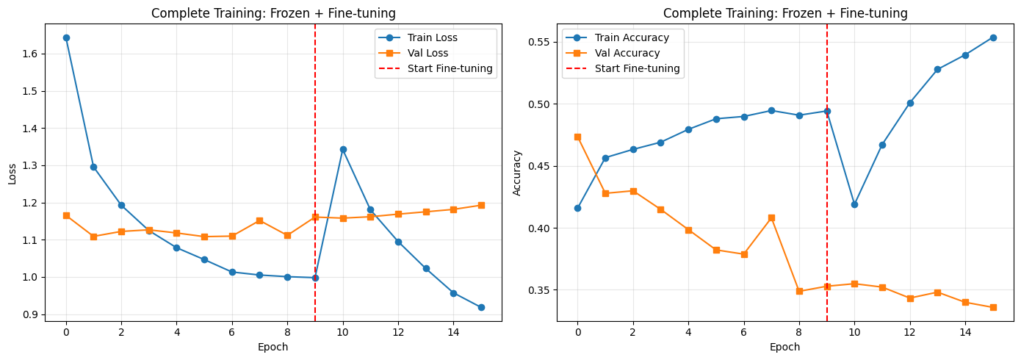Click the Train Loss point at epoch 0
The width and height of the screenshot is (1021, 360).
click(x=66, y=37)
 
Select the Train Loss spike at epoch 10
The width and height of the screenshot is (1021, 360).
click(x=343, y=149)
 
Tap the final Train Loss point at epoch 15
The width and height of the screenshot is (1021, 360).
click(x=481, y=308)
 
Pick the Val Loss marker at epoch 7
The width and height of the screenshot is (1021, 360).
click(x=260, y=220)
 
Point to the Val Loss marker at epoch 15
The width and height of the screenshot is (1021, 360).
click(x=481, y=205)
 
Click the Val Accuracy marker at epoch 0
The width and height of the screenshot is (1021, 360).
click(x=577, y=137)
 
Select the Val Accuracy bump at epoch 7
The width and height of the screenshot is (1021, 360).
click(x=771, y=217)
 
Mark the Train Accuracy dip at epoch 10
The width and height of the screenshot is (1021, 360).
click(x=855, y=204)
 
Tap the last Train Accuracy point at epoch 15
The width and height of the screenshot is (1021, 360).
click(x=993, y=37)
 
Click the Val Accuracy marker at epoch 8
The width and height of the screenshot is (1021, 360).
click(x=799, y=291)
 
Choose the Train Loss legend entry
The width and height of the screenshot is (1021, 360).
click(x=417, y=37)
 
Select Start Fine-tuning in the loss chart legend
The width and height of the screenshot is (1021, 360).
click(x=436, y=68)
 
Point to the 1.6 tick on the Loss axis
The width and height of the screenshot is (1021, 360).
click(x=30, y=54)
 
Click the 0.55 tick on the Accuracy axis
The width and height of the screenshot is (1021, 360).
click(x=538, y=43)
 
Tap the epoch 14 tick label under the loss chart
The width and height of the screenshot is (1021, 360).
click(x=453, y=332)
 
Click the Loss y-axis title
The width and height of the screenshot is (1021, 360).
click(x=12, y=173)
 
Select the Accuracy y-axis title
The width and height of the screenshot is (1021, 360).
click(x=516, y=173)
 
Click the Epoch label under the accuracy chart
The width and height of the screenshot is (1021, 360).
click(x=785, y=348)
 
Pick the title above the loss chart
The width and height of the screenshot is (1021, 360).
click(x=273, y=13)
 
